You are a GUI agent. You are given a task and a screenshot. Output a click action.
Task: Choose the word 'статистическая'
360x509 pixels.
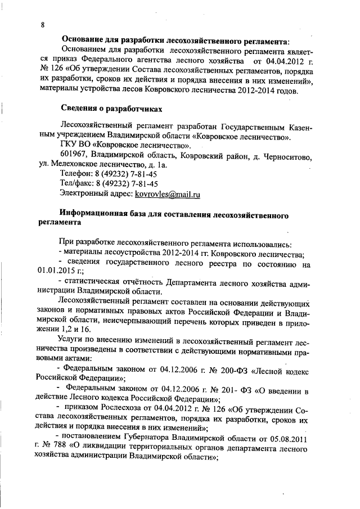click(93, 281)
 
